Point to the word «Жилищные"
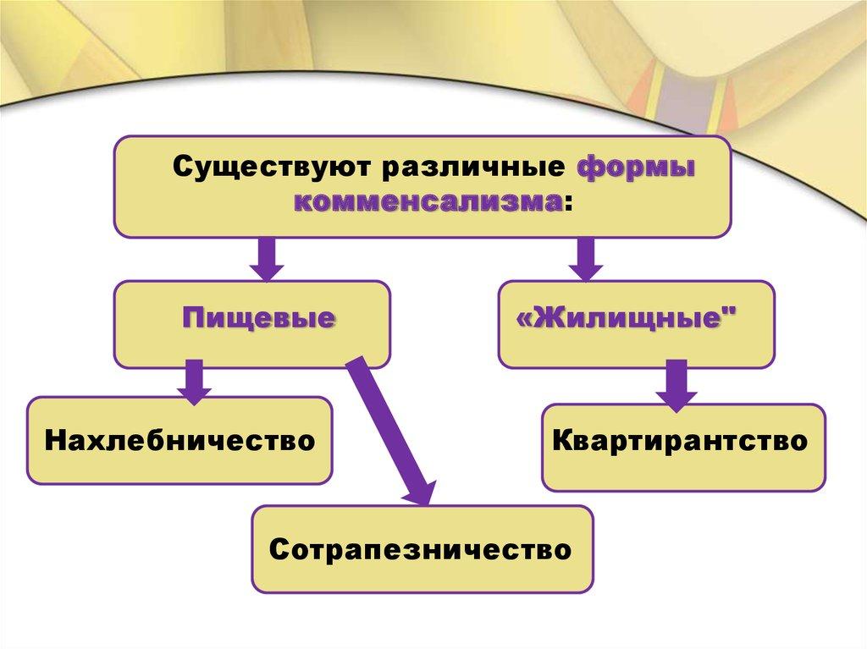pos(627,319)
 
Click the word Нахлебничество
pos(179,440)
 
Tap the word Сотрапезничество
pos(421,549)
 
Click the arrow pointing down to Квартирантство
pos(675,385)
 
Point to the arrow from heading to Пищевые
pos(268,259)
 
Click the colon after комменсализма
pos(566,203)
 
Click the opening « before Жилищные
pos(522,320)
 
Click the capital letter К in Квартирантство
pos(561,441)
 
